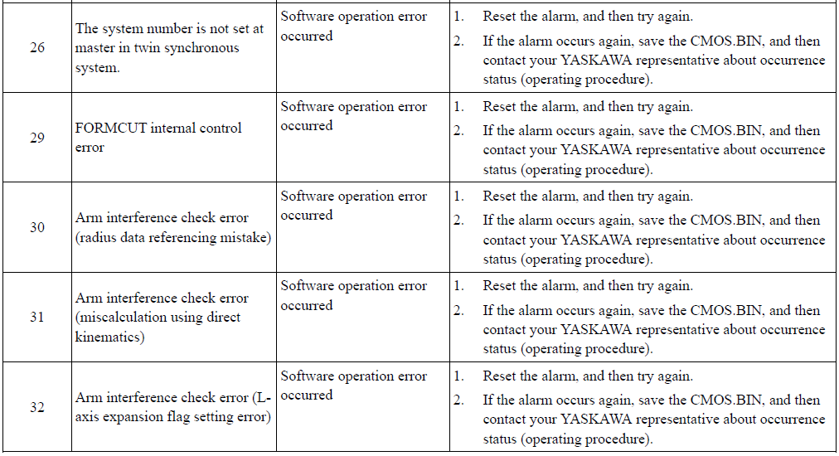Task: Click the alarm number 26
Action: tap(37, 47)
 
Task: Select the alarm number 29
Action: tap(37, 138)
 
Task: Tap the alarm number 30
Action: tap(37, 227)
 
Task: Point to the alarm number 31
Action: tap(37, 317)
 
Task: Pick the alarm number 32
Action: tap(37, 407)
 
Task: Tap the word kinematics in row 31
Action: tap(109, 337)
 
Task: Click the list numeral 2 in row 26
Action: tap(458, 41)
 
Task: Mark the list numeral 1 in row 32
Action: tap(458, 376)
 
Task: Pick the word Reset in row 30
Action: tap(498, 196)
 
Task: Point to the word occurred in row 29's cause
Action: tap(307, 126)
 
